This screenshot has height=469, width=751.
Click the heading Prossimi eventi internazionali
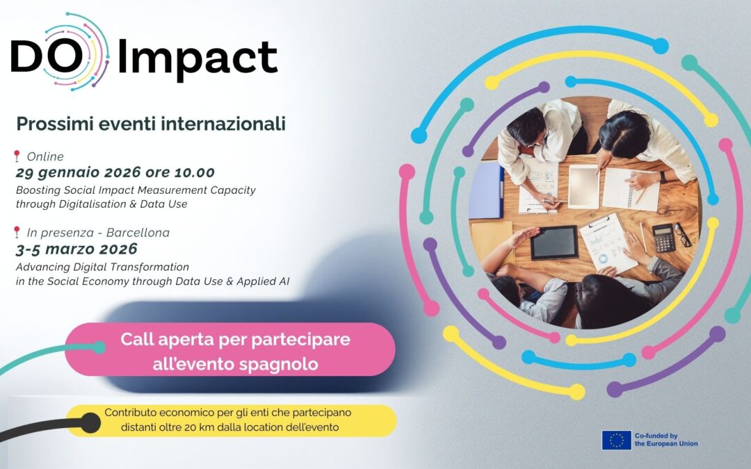tap(151, 124)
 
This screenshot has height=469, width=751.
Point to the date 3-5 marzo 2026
tap(76, 249)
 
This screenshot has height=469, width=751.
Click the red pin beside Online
tap(17, 156)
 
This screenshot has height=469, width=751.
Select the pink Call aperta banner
tap(229, 352)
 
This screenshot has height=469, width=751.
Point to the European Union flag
tap(616, 440)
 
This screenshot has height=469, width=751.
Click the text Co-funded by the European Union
tap(665, 440)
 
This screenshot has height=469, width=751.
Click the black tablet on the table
tap(554, 242)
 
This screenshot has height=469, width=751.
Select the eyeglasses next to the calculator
tap(683, 235)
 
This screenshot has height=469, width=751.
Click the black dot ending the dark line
tap(90, 421)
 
